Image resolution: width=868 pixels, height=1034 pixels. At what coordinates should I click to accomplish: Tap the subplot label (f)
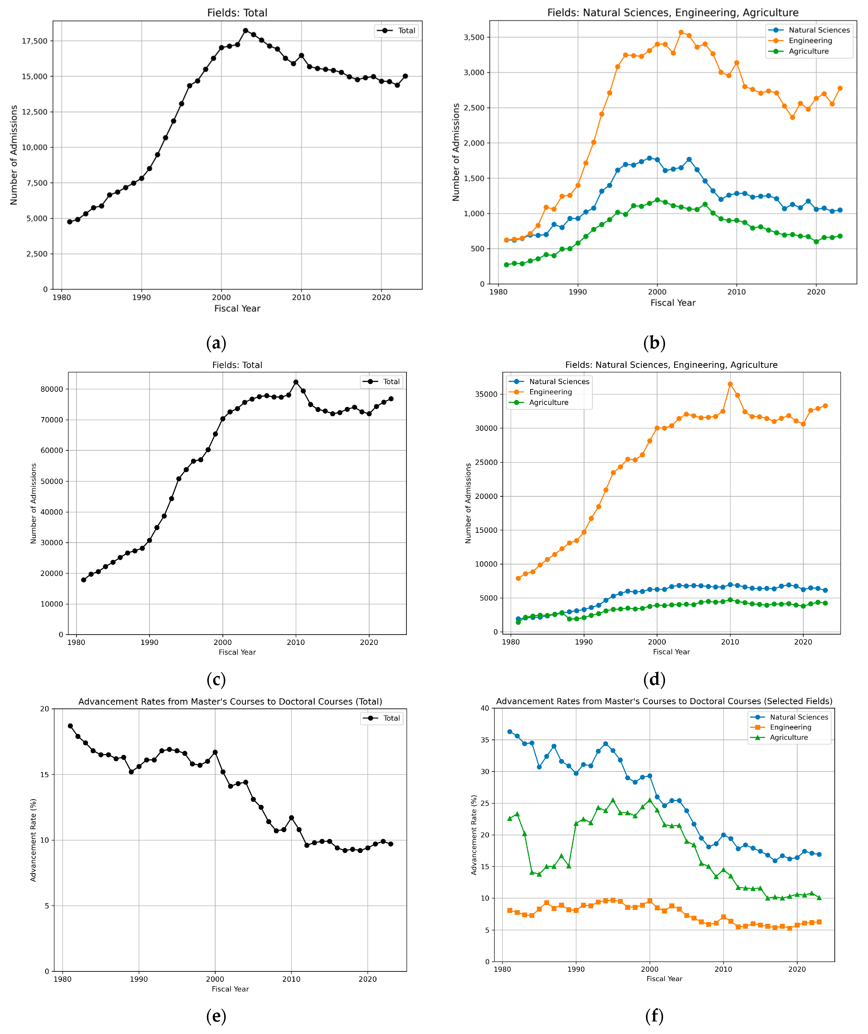click(x=654, y=1015)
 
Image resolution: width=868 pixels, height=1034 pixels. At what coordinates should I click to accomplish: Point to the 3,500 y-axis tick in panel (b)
click(x=474, y=37)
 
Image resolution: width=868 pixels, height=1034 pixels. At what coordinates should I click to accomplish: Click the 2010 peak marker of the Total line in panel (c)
click(x=296, y=382)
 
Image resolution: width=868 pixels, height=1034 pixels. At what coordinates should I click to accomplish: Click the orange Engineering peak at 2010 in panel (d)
click(x=730, y=384)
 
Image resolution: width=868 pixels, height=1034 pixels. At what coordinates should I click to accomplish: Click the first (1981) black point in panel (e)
click(x=70, y=726)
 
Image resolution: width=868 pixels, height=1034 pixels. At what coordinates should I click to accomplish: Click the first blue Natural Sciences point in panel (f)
click(x=510, y=732)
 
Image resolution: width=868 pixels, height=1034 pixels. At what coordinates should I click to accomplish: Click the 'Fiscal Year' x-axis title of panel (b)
click(x=673, y=303)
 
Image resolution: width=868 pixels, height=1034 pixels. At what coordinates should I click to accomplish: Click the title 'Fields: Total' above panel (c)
click(x=237, y=365)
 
